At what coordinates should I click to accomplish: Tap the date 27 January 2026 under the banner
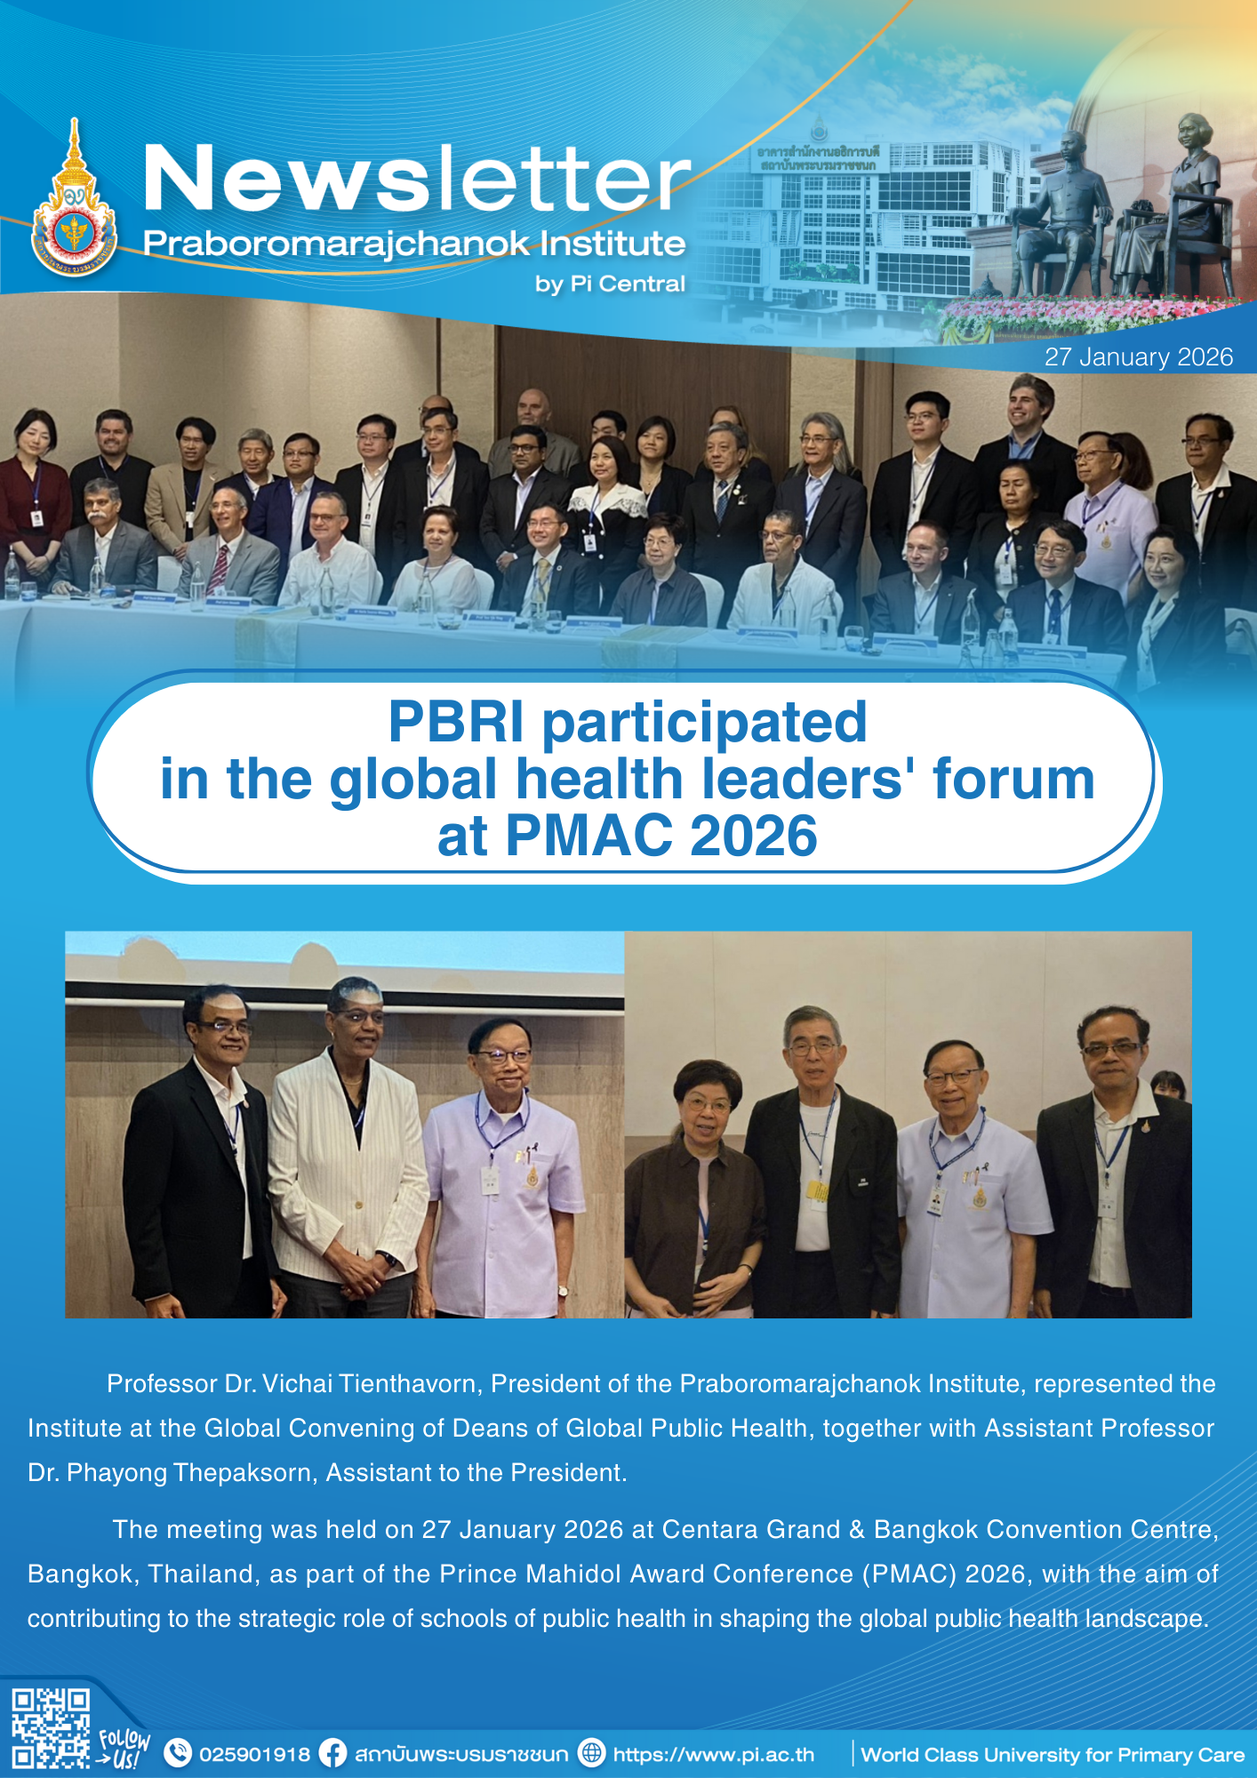1139,357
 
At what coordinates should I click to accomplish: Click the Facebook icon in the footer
333,1753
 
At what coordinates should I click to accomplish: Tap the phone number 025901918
254,1754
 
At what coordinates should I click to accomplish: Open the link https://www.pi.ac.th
714,1755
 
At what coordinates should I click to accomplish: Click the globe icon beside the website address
591,1753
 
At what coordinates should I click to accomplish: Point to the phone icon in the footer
179,1753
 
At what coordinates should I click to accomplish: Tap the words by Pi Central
610,284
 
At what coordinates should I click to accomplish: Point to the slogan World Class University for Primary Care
1053,1755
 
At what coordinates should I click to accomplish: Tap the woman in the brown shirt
696,1191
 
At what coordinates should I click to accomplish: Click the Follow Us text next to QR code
124,1748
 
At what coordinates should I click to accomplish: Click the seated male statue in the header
1062,213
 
